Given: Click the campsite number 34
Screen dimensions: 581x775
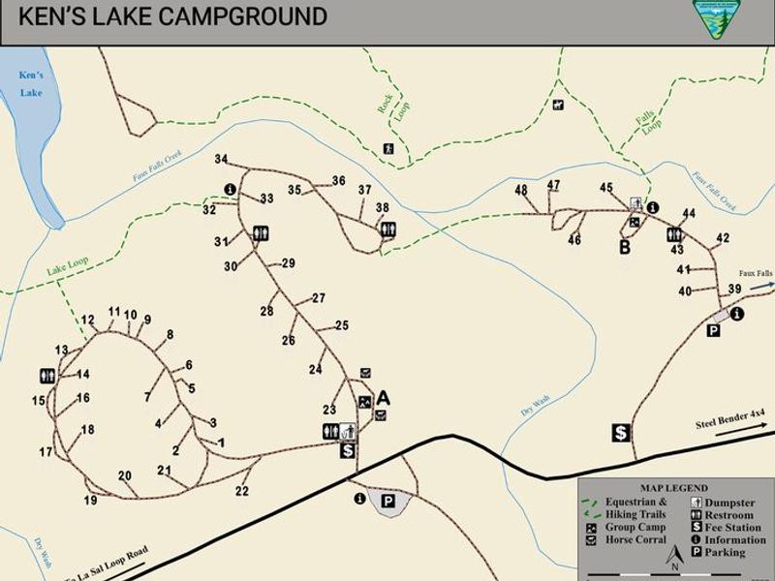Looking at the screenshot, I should pos(221,159).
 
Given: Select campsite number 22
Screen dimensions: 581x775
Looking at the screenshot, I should pos(242,491).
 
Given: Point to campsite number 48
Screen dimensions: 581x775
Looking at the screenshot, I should pos(521,190).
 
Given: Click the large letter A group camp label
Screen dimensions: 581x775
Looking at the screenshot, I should pos(384,397).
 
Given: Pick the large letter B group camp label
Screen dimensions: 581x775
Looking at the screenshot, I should pos(625,247).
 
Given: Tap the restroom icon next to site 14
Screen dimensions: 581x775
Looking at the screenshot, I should pos(47,375).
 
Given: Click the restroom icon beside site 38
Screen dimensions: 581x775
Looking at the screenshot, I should pos(388,229).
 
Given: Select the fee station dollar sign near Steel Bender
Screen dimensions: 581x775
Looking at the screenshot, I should pos(621,433).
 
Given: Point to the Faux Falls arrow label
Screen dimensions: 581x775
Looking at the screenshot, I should pos(756,274).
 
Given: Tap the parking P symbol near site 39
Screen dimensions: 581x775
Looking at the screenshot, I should pos(713,331).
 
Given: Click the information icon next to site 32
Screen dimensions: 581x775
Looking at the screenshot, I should pos(230,189).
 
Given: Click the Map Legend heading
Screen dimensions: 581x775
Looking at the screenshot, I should pos(674,488).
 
